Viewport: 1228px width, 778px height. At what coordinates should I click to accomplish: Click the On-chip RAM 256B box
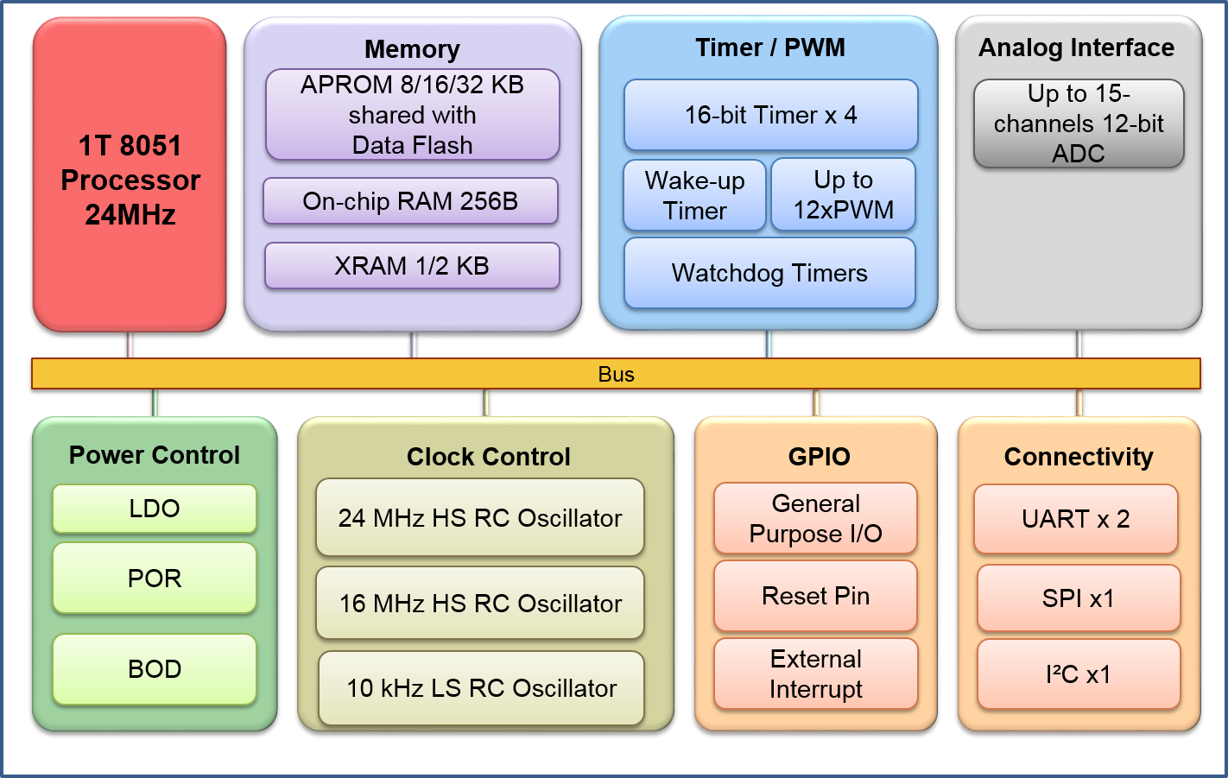pos(410,201)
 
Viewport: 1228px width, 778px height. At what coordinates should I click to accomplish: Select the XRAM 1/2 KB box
pos(412,266)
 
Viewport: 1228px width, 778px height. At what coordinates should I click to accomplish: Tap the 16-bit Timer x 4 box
pos(770,115)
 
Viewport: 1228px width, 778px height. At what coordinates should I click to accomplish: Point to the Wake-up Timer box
pos(694,195)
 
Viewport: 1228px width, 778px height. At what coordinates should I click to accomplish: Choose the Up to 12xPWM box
pos(843,195)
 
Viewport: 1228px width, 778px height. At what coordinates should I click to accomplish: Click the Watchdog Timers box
pos(769,273)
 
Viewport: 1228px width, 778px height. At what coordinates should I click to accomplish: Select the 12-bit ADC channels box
pos(1079,123)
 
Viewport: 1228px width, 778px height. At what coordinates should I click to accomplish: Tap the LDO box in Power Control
pos(155,509)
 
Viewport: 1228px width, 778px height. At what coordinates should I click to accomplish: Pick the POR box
pos(155,578)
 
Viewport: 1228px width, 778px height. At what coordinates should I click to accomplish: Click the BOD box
pos(155,669)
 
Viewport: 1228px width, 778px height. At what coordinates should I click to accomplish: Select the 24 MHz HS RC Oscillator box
pos(480,518)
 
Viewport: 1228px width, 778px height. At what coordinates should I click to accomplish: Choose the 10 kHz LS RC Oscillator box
pos(481,688)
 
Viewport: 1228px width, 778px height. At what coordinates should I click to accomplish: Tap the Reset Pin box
pos(815,596)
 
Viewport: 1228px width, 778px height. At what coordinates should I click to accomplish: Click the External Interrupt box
pos(815,674)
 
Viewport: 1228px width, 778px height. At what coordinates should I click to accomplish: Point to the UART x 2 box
pos(1076,519)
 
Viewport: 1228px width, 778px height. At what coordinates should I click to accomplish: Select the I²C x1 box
pos(1079,674)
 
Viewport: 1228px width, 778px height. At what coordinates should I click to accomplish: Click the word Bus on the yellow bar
pos(616,374)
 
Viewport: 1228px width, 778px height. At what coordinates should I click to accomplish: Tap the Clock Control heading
pos(489,457)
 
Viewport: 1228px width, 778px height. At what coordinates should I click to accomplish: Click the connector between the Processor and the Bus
pos(130,345)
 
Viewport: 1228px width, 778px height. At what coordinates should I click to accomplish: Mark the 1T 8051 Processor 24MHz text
pos(130,180)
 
